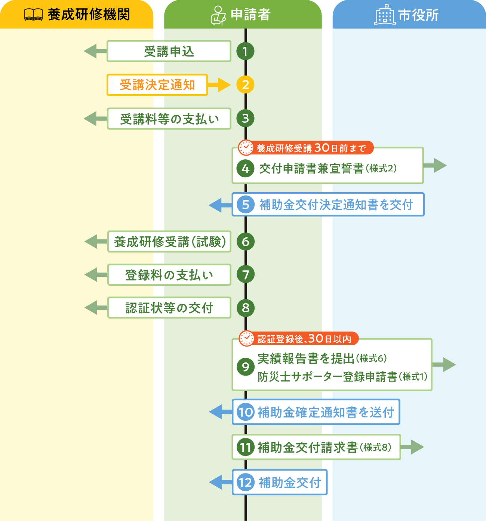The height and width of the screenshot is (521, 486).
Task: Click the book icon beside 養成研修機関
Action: [33, 15]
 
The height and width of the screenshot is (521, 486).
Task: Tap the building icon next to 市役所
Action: [385, 15]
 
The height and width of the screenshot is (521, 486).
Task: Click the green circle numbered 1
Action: [245, 51]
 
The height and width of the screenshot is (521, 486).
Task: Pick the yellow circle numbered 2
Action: [245, 85]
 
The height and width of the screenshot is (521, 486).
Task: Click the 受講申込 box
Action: [169, 51]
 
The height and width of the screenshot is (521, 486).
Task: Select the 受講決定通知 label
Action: [157, 85]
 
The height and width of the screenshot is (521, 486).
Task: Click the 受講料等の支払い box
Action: [169, 119]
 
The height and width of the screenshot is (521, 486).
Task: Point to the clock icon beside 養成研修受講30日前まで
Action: [246, 148]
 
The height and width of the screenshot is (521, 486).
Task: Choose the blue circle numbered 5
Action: [246, 205]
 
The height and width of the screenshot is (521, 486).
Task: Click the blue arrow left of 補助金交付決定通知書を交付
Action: [220, 205]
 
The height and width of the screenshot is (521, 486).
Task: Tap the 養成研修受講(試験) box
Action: [169, 242]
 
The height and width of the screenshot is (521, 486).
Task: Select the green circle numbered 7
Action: [246, 275]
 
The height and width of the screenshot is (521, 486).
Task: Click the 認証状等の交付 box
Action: [169, 308]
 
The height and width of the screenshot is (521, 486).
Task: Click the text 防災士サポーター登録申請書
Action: [327, 377]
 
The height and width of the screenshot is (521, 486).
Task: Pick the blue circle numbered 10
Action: [246, 412]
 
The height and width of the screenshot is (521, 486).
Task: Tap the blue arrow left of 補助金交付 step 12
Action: [220, 482]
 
